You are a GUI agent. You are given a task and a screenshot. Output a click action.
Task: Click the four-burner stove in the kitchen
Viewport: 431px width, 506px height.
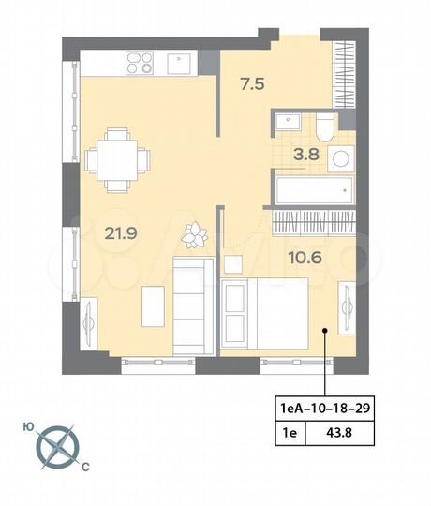pos(140,64)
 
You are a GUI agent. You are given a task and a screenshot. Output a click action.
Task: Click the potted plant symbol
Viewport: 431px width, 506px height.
pos(197,231)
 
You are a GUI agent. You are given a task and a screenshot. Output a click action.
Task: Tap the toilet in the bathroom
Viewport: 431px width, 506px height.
pos(321,125)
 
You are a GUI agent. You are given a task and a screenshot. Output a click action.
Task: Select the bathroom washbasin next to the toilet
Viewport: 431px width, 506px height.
pos(286,121)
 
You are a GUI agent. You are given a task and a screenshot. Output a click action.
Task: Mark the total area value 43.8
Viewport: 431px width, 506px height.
pos(335,432)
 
